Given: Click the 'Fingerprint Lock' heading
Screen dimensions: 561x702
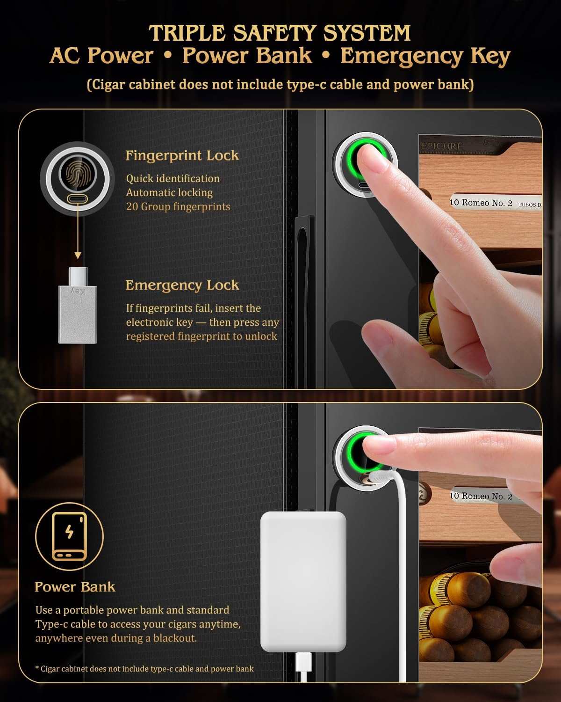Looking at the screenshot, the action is [182, 155].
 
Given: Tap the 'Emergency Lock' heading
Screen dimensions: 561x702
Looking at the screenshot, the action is [182, 285].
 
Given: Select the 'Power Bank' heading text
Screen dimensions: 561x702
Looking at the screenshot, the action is [75, 587].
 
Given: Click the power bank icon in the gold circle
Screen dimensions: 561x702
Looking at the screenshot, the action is [70, 536].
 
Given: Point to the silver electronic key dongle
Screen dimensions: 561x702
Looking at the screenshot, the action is [78, 305].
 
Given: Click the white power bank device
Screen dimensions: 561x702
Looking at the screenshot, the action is [303, 581].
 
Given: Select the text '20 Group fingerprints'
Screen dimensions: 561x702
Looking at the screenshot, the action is [178, 207].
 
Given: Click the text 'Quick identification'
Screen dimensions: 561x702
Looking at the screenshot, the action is [173, 178].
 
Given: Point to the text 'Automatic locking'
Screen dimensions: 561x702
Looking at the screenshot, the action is [169, 193].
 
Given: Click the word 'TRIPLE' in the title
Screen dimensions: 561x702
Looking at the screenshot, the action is [187, 33].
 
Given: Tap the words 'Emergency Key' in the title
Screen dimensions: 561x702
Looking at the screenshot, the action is [425, 56].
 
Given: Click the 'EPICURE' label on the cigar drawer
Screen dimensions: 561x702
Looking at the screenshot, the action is [442, 146].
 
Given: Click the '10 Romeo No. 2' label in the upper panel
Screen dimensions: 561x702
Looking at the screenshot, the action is [481, 203].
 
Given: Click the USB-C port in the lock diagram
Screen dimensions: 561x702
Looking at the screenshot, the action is [78, 198].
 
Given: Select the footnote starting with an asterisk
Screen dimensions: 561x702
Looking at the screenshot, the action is [144, 668].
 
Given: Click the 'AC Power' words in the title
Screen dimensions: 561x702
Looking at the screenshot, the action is [101, 55].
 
